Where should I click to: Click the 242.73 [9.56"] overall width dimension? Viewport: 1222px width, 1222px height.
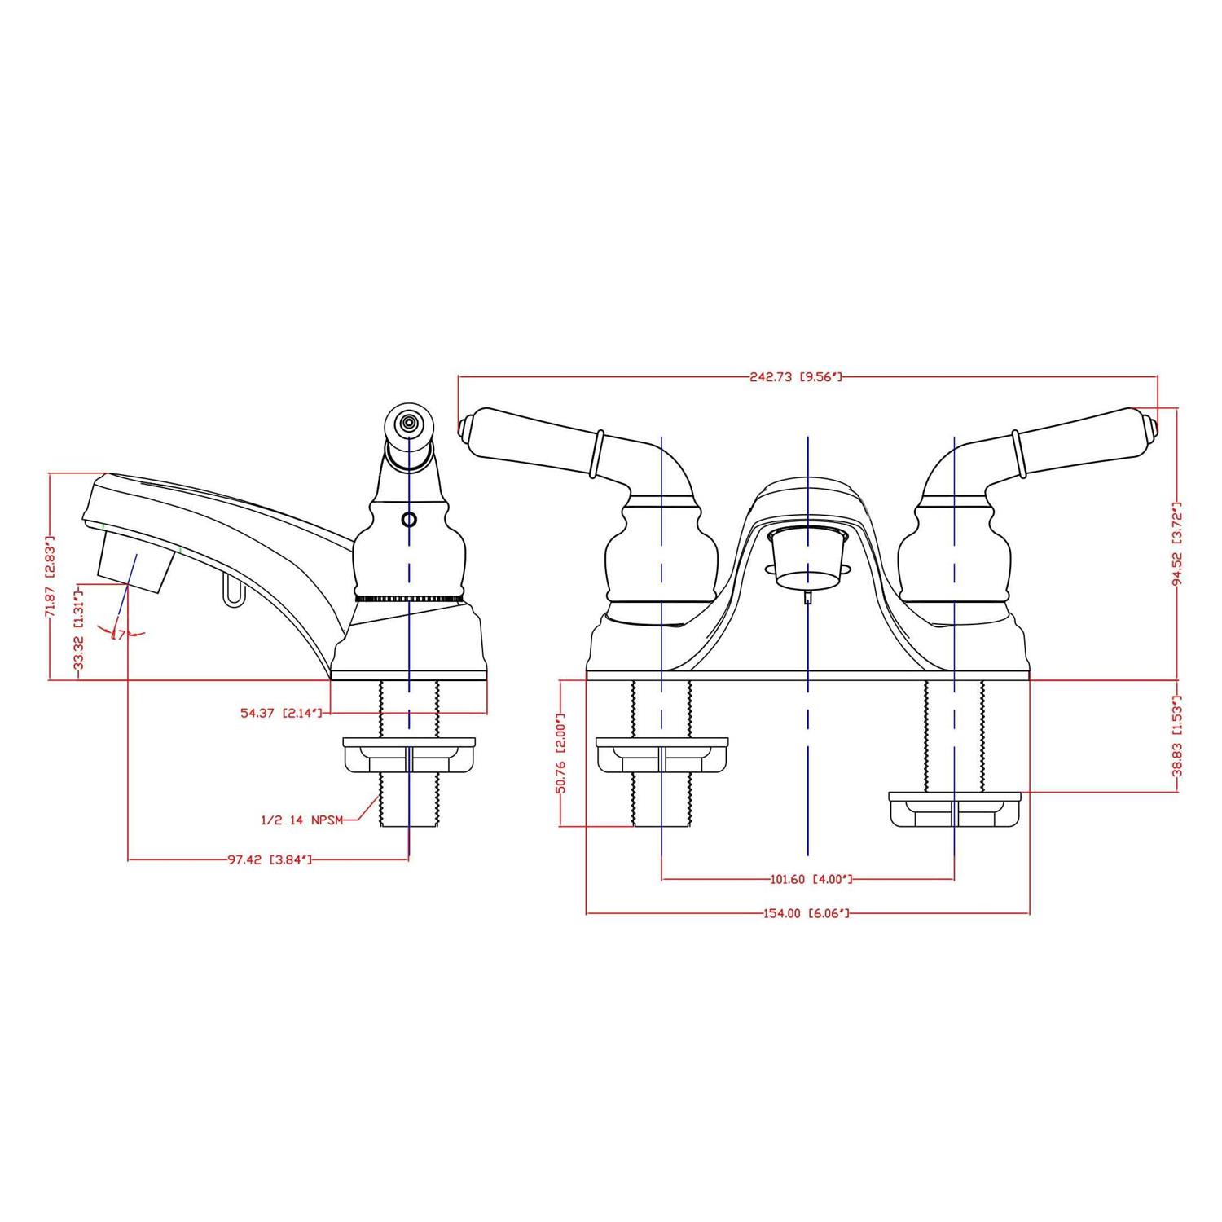[794, 377]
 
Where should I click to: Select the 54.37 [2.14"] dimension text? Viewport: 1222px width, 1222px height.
[282, 713]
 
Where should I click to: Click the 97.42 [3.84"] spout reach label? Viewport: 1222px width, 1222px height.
[269, 859]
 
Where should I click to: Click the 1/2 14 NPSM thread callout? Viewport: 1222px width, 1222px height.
[302, 820]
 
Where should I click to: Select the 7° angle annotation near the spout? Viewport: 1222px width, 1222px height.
[120, 634]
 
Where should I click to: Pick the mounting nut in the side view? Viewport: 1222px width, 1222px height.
[409, 755]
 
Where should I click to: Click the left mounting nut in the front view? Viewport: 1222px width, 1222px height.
[662, 755]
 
